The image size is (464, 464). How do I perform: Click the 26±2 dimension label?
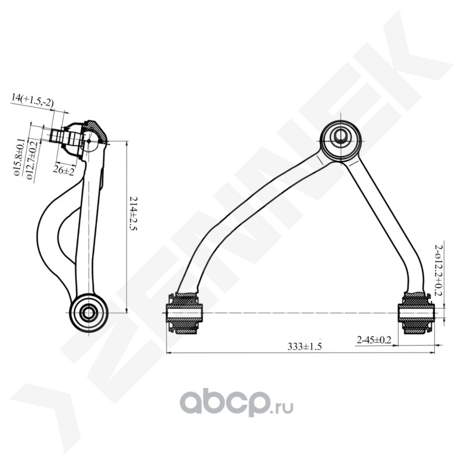[x=63, y=171]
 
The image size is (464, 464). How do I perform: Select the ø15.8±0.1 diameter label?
[x=19, y=157]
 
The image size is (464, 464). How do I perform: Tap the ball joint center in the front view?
[x=340, y=137]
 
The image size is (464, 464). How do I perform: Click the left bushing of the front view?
[x=185, y=314]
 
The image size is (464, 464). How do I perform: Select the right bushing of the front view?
[x=415, y=314]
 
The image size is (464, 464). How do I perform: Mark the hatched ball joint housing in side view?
[x=96, y=131]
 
